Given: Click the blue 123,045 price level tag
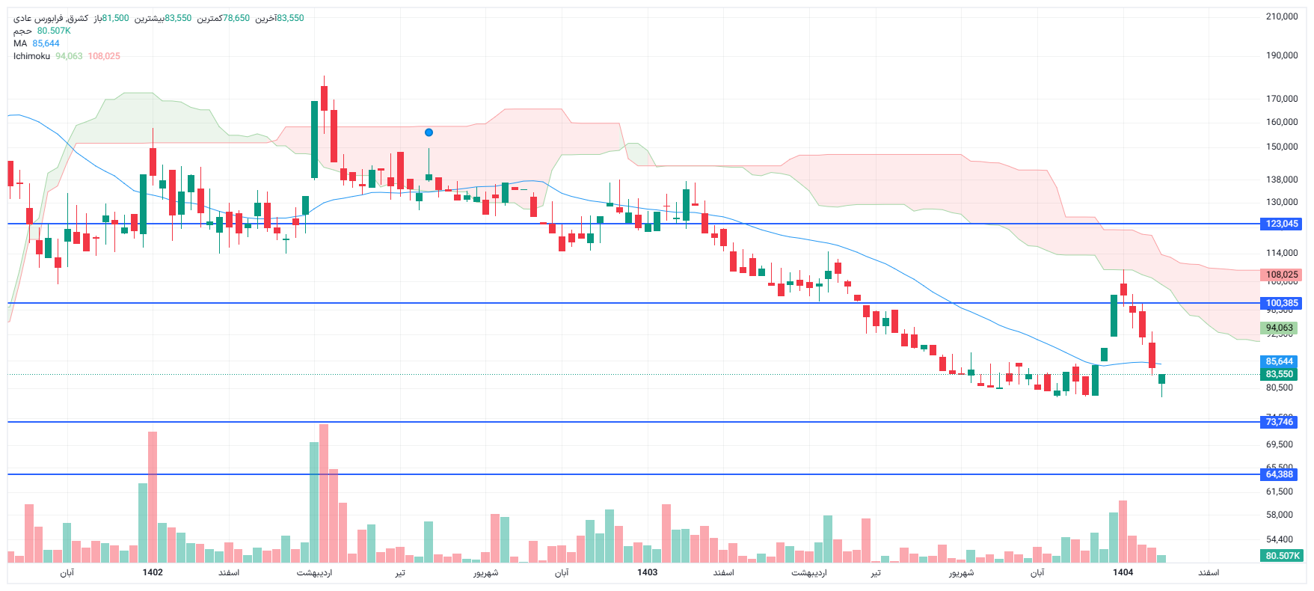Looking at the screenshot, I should point(1281,224).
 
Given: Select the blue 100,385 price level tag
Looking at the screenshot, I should point(1281,303).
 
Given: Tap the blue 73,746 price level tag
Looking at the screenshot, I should point(1279,422).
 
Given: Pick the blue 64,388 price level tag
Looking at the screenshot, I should point(1279,474).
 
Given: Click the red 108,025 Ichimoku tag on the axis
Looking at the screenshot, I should point(1281,275).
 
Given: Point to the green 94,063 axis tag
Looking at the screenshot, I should point(1279,328).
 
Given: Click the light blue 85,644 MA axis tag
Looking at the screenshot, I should point(1279,361).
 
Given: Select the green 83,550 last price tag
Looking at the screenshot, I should point(1279,374).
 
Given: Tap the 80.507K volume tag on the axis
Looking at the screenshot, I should point(1282,556).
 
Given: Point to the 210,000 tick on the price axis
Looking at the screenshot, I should point(1281,16).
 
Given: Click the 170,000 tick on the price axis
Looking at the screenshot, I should point(1281,99).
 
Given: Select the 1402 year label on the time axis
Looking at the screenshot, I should point(153,572).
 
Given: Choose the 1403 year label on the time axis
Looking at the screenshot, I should point(647,572).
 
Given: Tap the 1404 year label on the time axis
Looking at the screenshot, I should point(1123,572).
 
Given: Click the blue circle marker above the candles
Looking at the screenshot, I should point(429,132).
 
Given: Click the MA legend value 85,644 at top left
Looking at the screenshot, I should point(46,43).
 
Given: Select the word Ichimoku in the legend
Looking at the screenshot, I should point(31,56).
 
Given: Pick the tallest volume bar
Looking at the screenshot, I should point(323,494).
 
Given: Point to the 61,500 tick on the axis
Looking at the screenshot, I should point(1279,492).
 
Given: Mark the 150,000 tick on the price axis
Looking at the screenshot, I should point(1281,147).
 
